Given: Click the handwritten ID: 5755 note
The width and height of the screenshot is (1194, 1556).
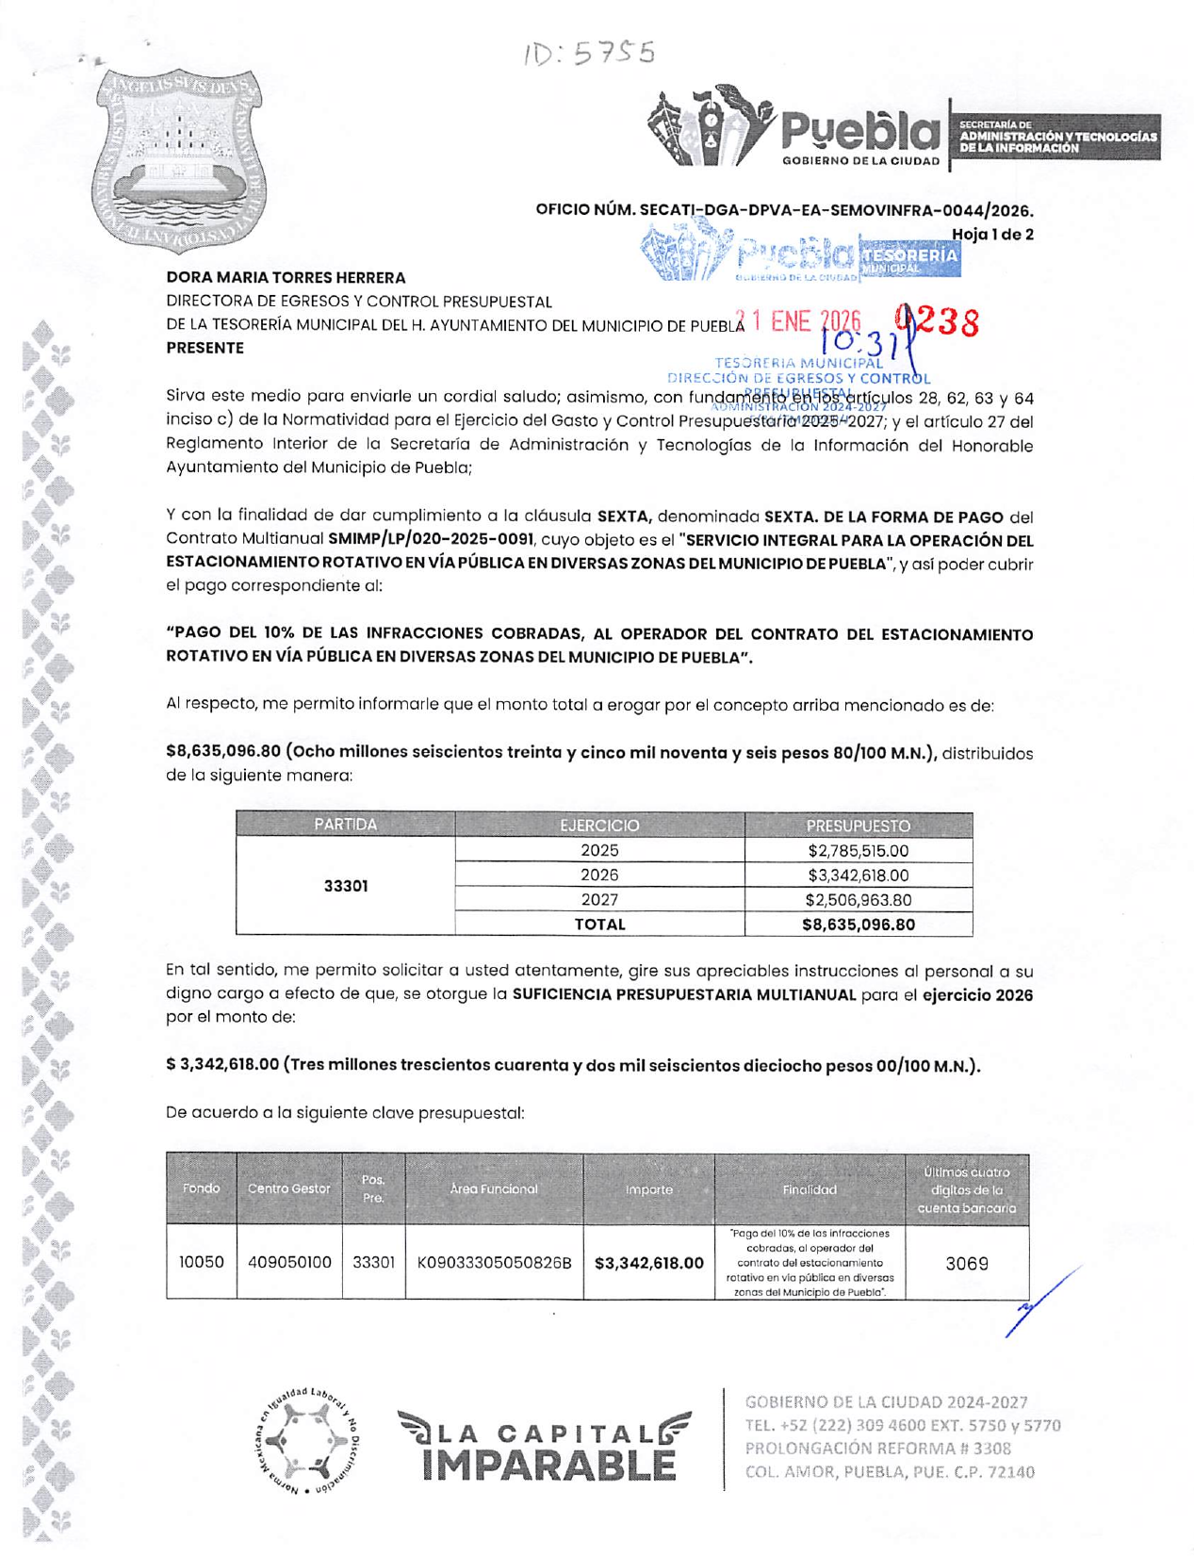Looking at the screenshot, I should click(589, 54).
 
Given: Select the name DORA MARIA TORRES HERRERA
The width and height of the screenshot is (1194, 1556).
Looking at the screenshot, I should click(286, 277).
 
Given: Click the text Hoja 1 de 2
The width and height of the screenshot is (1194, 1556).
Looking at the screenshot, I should click(992, 235).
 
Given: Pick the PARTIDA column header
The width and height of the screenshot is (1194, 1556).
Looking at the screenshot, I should click(345, 826).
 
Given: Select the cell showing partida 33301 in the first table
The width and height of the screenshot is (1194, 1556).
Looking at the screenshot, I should click(345, 886).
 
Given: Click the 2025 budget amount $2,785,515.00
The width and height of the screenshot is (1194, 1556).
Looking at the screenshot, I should click(858, 851).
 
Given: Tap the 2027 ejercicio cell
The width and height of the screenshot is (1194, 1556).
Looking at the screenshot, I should click(599, 900).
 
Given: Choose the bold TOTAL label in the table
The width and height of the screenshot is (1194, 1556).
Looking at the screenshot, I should click(599, 925).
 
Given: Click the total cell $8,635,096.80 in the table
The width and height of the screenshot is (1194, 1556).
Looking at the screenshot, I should click(858, 925).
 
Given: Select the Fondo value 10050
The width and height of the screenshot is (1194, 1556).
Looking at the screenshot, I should click(202, 1262).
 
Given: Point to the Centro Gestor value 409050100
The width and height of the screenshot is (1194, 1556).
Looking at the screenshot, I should click(289, 1262).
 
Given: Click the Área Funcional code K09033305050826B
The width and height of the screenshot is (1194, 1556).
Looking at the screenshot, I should click(494, 1262).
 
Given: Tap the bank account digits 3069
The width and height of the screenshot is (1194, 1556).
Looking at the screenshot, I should click(967, 1264).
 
